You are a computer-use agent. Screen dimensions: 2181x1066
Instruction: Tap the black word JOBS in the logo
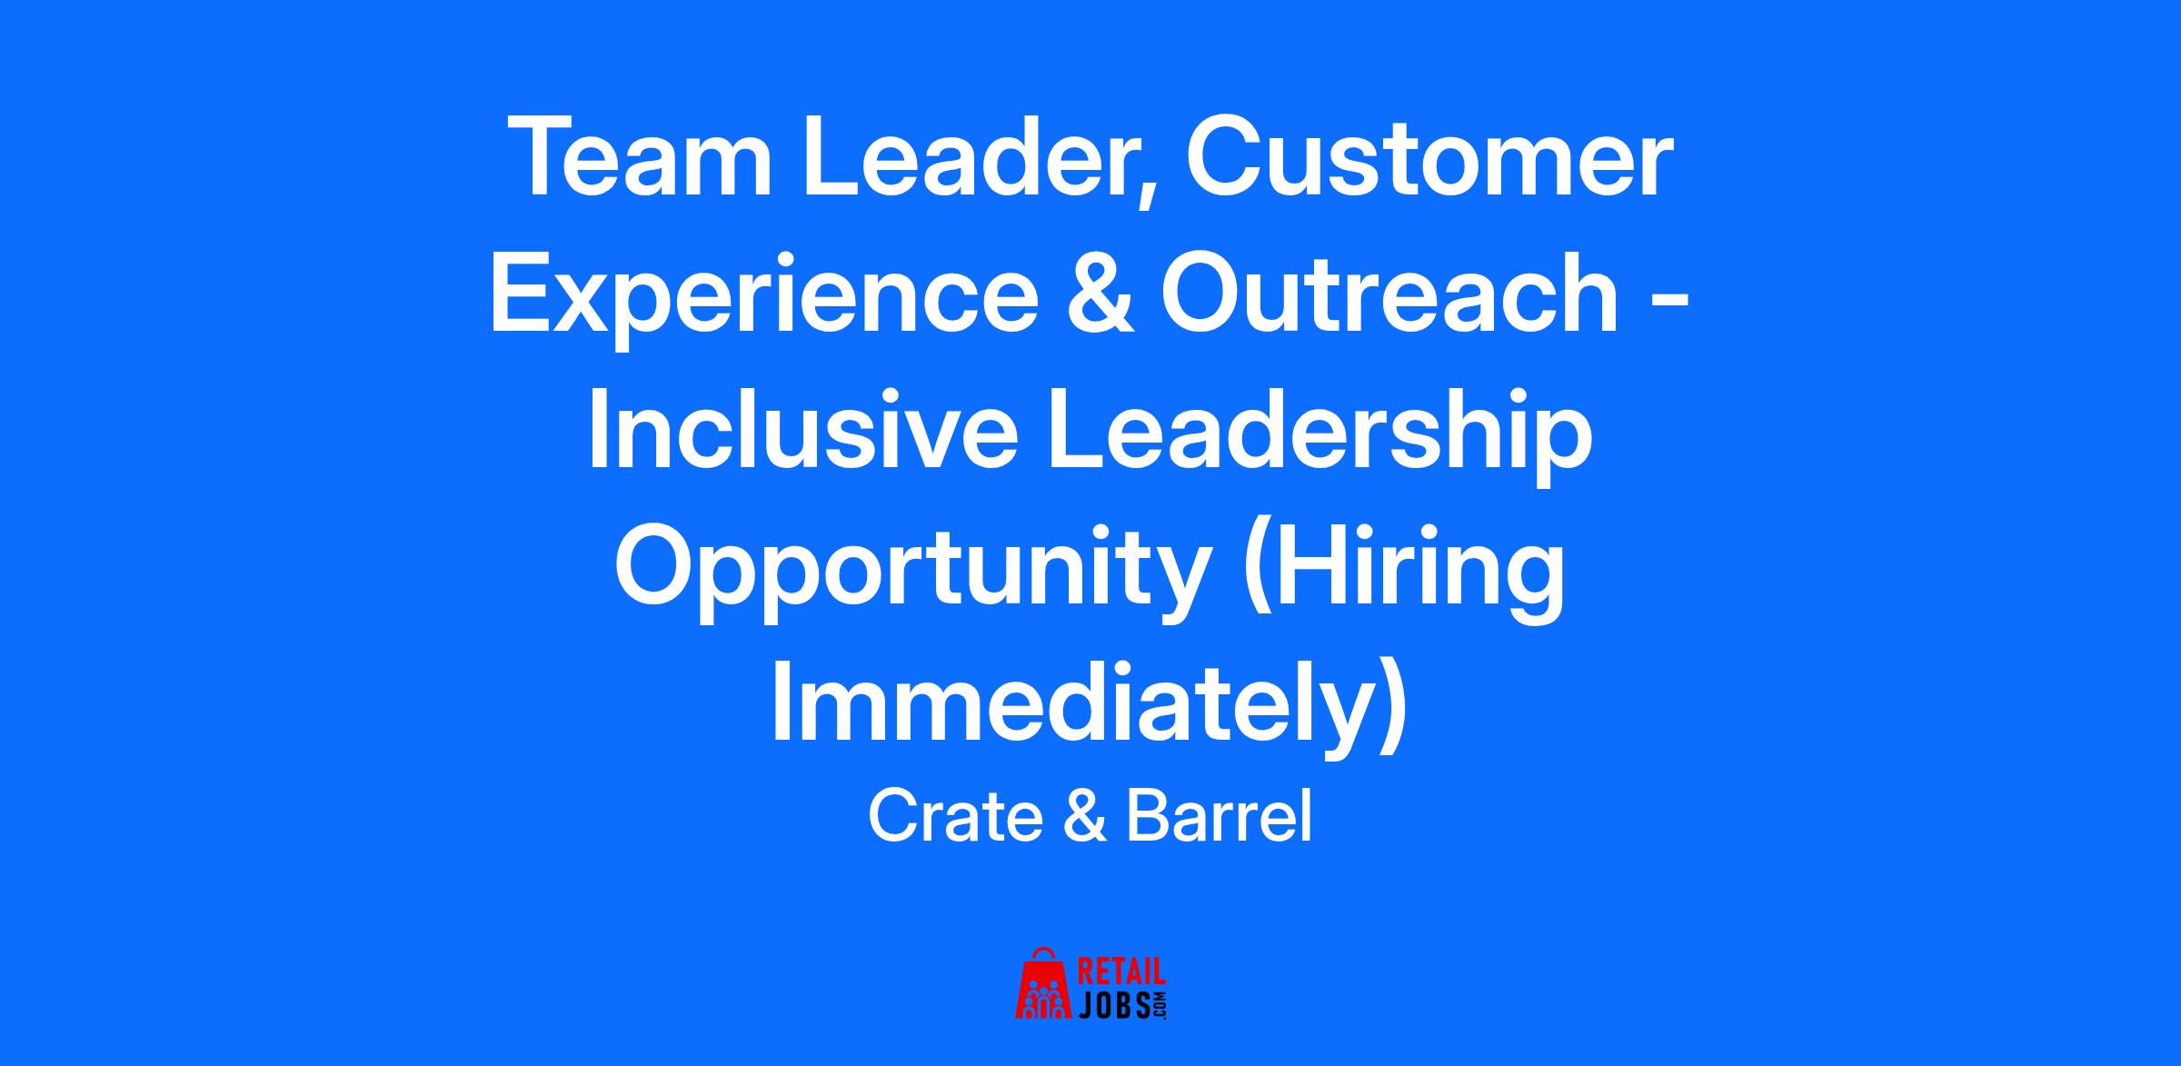(1113, 1004)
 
